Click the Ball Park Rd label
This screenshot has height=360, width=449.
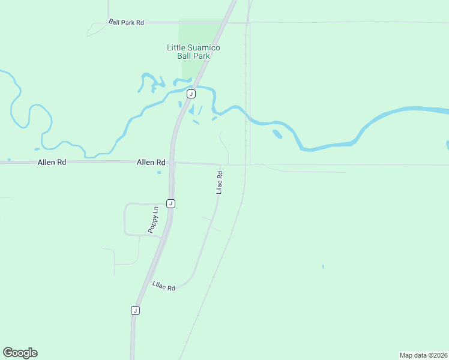click(127, 22)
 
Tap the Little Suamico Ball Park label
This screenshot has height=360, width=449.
click(193, 52)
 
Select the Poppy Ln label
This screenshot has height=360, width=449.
click(154, 220)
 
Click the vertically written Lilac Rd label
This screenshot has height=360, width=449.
click(220, 182)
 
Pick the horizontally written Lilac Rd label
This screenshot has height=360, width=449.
click(163, 286)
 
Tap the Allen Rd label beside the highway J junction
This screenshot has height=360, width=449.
click(151, 162)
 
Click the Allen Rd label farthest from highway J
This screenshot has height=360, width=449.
click(51, 162)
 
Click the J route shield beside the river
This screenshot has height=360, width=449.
click(191, 94)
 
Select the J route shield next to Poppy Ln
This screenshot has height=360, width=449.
click(171, 203)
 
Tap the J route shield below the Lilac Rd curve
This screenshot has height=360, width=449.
click(135, 310)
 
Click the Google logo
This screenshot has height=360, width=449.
click(20, 353)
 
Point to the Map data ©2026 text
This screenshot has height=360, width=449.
click(423, 355)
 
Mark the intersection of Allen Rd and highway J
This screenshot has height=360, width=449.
click(172, 162)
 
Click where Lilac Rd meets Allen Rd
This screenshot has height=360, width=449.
click(221, 164)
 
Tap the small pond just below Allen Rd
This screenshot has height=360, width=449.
click(158, 173)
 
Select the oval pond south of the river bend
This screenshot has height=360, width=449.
click(277, 134)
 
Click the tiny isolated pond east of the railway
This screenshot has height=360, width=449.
click(323, 266)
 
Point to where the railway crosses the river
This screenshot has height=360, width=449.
click(246, 113)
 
